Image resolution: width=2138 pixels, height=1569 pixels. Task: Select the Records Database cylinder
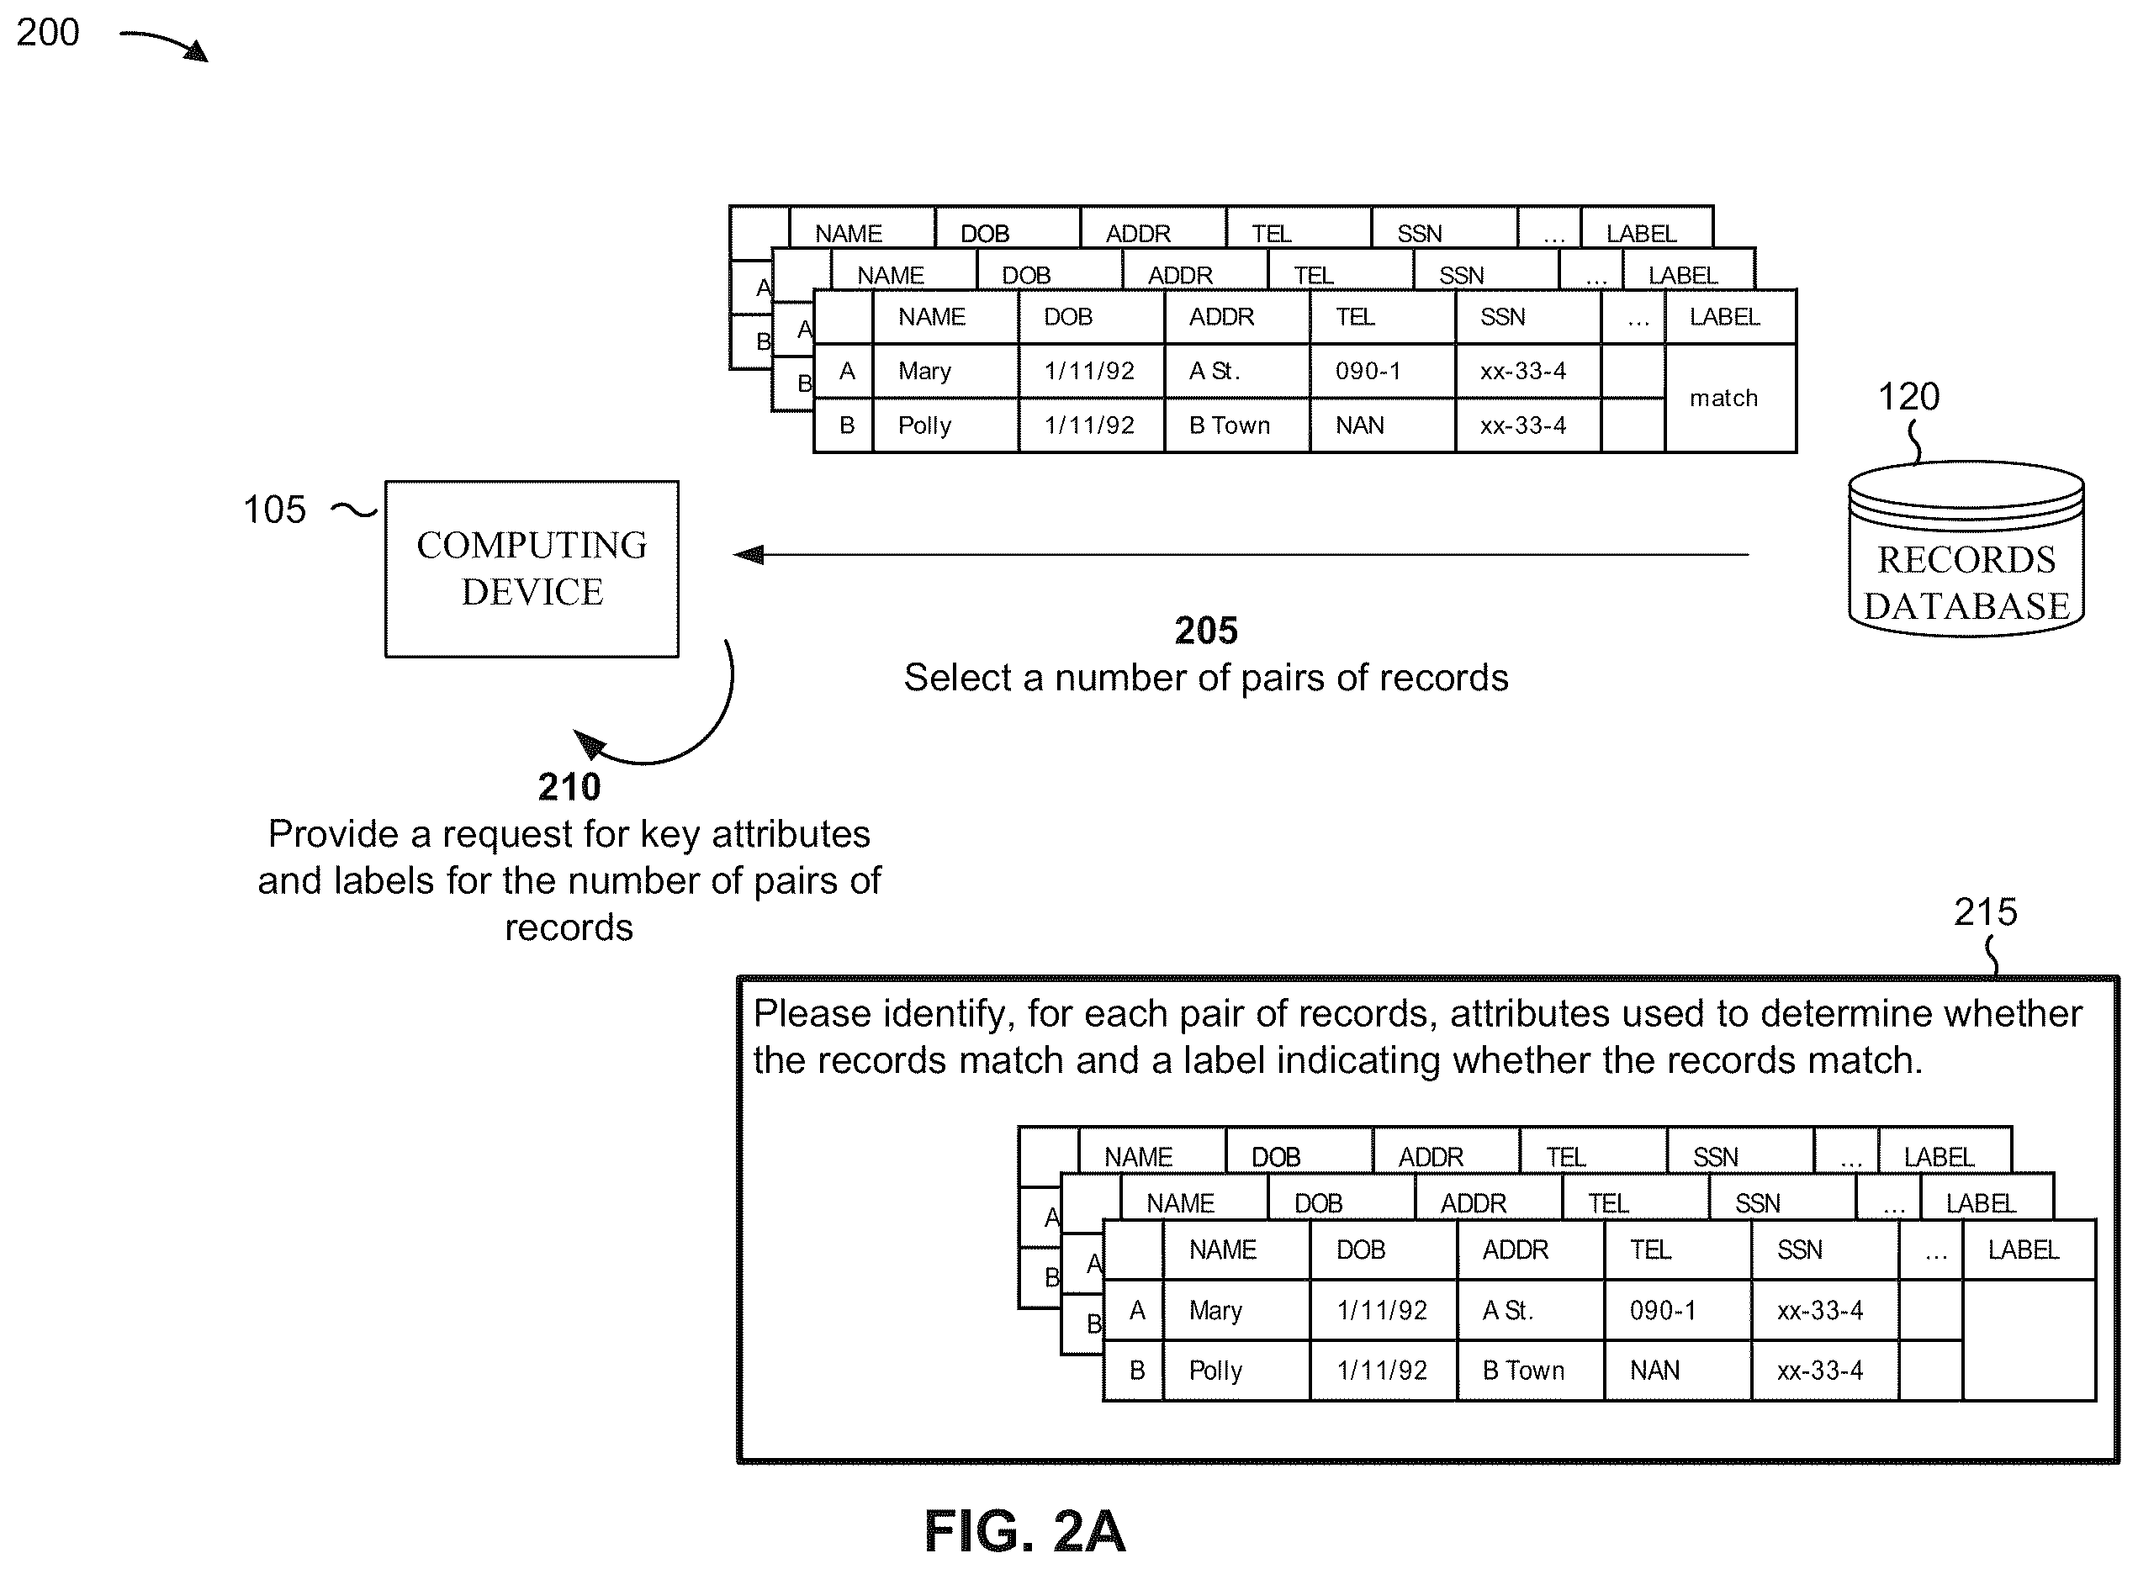1966,549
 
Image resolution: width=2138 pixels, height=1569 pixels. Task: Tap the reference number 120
1908,396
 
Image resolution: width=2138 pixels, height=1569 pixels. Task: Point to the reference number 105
274,510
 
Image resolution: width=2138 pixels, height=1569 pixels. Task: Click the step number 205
1206,631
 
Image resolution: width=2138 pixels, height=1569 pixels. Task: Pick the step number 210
569,787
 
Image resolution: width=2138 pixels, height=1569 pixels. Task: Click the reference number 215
1985,911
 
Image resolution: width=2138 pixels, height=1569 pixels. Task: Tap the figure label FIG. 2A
1024,1531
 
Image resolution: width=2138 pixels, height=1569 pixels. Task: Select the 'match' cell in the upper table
1729,398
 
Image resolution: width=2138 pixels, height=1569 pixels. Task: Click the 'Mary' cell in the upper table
945,371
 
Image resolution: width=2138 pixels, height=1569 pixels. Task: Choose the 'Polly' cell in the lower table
1236,1370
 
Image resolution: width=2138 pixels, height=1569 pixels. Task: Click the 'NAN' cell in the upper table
1382,425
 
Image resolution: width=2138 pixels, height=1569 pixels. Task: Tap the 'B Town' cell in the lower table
1530,1370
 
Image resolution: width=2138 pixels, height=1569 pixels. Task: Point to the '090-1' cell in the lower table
1677,1310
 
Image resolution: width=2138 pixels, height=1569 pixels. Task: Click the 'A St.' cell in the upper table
1236,371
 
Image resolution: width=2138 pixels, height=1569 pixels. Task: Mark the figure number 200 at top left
47,32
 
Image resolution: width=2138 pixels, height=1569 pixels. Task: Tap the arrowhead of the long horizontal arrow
749,554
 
